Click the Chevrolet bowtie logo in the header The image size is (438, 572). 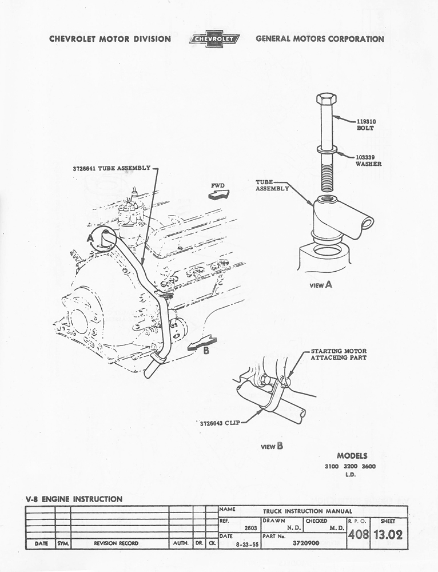point(213,39)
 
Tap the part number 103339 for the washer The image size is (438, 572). point(366,157)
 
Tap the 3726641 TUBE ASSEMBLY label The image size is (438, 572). point(111,168)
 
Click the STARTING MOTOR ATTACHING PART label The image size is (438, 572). point(339,354)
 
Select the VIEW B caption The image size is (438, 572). point(272,446)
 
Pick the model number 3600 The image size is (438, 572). point(368,467)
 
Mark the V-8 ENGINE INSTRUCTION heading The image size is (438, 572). point(74,499)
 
